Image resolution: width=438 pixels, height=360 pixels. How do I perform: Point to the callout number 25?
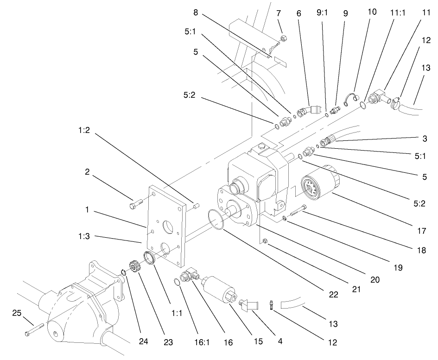[x=16, y=314]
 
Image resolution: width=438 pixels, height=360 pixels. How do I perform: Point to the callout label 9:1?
[x=322, y=14]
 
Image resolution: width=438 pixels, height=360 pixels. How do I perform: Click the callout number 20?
[x=375, y=280]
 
